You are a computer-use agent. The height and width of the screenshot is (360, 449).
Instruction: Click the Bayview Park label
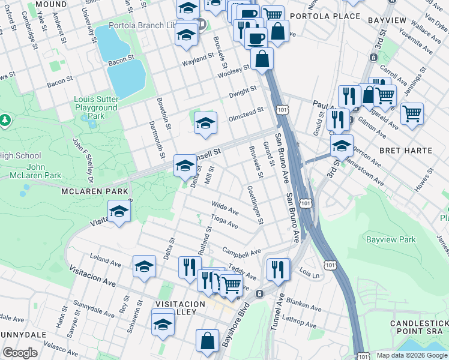tap(391, 239)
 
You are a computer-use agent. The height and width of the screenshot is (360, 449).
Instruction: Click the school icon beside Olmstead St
tap(205, 123)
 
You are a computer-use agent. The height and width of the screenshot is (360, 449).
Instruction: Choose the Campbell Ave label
tap(241, 251)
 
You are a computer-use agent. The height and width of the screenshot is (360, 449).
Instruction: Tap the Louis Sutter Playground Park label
tap(95, 107)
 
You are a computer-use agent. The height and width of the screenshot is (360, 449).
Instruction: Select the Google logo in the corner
tap(20, 353)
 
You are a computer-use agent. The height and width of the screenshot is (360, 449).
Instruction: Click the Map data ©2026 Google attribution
tap(411, 355)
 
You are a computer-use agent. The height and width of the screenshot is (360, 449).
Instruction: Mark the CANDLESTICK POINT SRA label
tap(418, 328)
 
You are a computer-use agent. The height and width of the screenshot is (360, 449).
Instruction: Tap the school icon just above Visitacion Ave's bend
tap(119, 212)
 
